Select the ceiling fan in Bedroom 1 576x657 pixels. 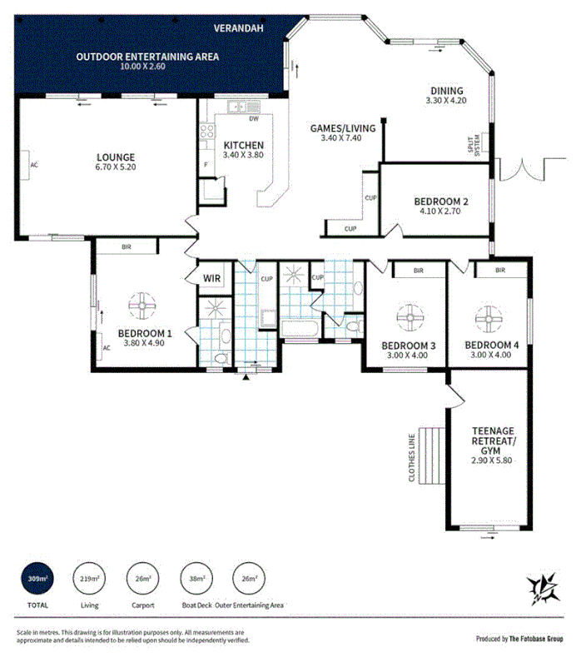(x=143, y=306)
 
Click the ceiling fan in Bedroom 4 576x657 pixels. (x=488, y=316)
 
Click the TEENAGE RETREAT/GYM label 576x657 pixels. (x=489, y=445)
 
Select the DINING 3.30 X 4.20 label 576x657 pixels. (x=446, y=97)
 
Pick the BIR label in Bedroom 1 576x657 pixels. (x=127, y=247)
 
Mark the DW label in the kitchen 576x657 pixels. (x=253, y=119)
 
